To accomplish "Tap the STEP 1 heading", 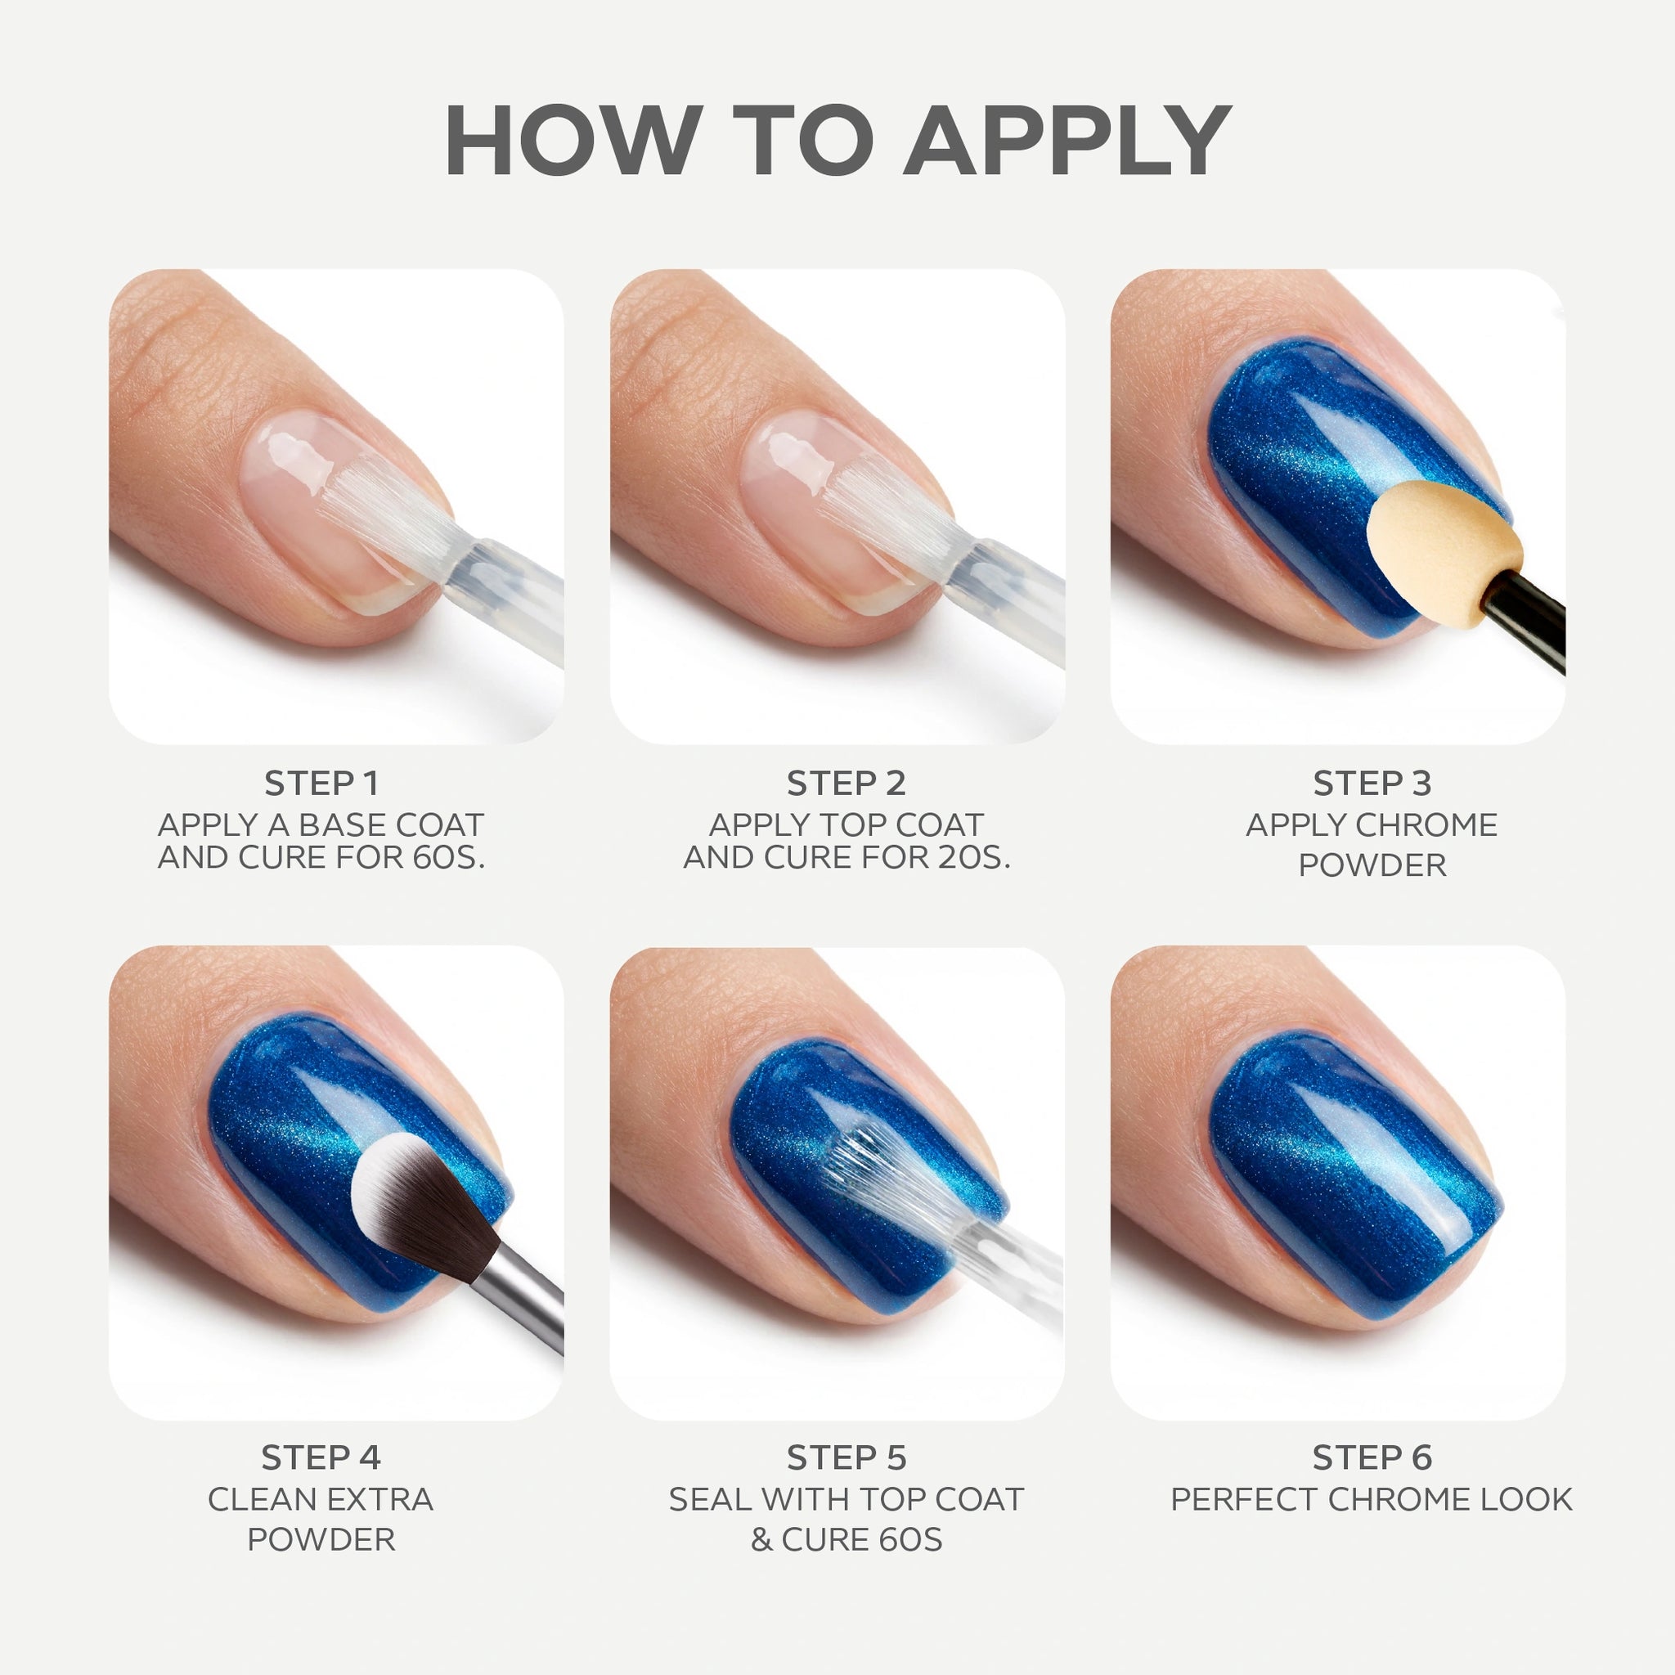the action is coord(321,784).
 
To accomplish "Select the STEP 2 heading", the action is coord(846,784).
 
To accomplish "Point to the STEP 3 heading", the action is coord(1372,784).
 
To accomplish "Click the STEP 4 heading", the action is coord(321,1458).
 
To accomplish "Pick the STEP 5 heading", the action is coord(846,1458).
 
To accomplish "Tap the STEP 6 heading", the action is coord(1372,1458).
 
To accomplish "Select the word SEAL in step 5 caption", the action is coord(708,1499).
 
